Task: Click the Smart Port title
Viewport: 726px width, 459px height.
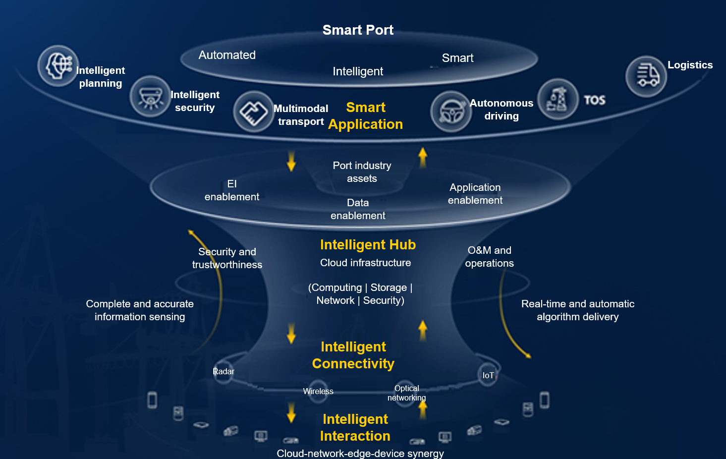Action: click(358, 30)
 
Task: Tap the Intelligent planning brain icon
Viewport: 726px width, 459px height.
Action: click(58, 66)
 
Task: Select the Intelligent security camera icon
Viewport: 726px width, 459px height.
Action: click(150, 96)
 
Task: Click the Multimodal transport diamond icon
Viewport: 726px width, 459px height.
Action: click(253, 112)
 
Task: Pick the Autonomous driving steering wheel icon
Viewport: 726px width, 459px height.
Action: click(450, 112)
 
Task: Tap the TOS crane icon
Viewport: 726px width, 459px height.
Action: click(558, 99)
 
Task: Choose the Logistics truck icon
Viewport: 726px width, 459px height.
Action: click(646, 76)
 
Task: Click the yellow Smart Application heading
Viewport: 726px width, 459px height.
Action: click(366, 116)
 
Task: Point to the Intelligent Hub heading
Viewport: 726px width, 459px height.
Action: click(368, 245)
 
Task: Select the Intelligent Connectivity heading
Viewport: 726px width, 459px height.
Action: click(353, 355)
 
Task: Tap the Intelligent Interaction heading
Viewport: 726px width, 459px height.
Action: click(355, 427)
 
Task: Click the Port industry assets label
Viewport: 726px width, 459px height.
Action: click(362, 172)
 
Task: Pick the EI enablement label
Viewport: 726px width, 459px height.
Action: click(232, 190)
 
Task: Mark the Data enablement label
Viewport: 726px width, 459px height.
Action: click(358, 209)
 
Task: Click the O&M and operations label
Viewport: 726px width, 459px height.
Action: click(489, 257)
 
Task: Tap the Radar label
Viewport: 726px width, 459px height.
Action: click(223, 371)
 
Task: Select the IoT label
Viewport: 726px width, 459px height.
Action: click(488, 375)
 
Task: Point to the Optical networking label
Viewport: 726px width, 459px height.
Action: click(406, 393)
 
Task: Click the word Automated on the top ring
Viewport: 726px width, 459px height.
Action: click(227, 55)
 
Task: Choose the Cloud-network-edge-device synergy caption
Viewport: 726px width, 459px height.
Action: click(360, 453)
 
